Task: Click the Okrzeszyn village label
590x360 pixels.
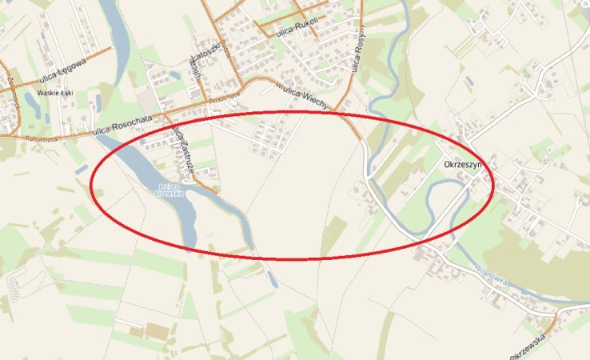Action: [463, 165]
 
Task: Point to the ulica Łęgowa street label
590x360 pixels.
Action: [59, 70]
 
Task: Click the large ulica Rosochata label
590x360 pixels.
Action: [121, 126]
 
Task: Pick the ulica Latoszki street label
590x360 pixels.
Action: [195, 60]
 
